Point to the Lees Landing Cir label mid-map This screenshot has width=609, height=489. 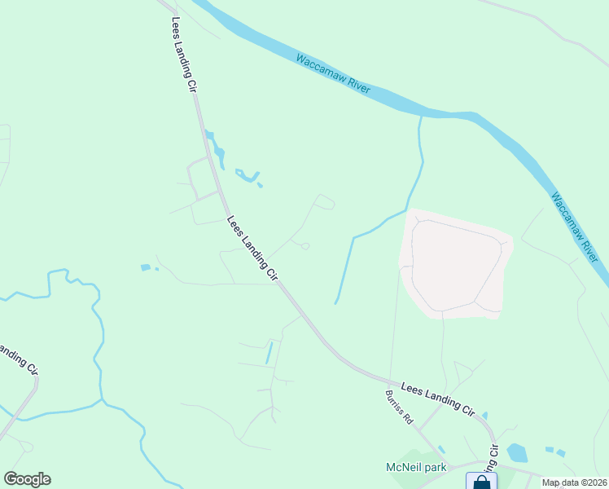tap(252, 249)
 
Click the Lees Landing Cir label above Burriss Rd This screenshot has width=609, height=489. tap(436, 397)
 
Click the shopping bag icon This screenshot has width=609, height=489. tap(481, 482)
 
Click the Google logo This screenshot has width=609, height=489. tap(27, 479)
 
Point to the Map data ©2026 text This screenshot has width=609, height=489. tap(574, 482)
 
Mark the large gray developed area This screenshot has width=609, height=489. tap(454, 261)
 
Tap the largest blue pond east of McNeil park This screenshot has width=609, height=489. tap(516, 452)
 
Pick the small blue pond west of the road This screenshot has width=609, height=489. tap(145, 267)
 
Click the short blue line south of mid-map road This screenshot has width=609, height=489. tap(269, 353)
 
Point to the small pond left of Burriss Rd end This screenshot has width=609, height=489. tap(440, 449)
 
